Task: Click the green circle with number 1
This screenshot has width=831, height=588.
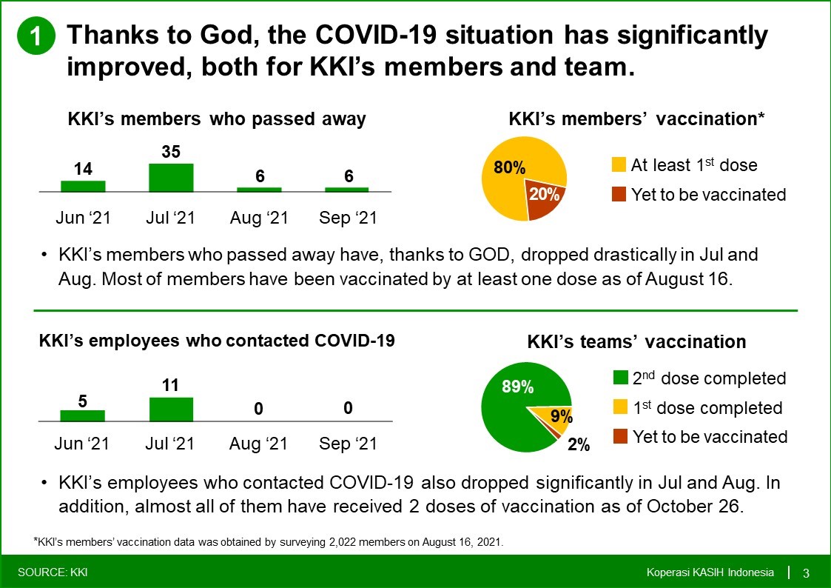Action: [x=36, y=36]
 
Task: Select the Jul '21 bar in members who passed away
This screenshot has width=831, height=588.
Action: [x=171, y=178]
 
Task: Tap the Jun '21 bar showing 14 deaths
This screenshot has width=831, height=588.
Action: [x=83, y=186]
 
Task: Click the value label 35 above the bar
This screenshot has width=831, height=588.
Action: [x=171, y=152]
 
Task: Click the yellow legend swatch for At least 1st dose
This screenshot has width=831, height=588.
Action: [x=619, y=164]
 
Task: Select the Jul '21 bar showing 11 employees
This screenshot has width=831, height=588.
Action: [x=171, y=410]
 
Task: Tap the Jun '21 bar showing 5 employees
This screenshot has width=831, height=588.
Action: [x=83, y=415]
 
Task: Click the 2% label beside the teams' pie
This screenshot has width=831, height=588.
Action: [x=579, y=444]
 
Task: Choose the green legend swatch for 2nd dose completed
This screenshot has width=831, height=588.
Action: [x=621, y=378]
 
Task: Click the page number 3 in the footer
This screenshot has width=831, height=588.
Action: [x=806, y=573]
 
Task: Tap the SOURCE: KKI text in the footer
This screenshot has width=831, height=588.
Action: [x=53, y=572]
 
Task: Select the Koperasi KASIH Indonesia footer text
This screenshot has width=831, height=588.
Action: [x=710, y=572]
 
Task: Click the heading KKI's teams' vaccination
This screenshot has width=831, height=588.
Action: [x=636, y=342]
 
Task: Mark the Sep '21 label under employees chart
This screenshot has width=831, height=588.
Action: [x=348, y=444]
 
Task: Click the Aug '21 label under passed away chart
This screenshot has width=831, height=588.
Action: [x=259, y=218]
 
